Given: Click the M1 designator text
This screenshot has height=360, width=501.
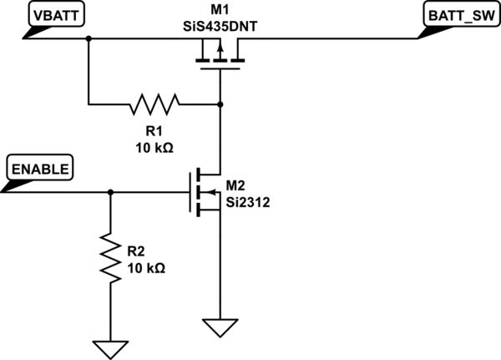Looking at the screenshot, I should point(219,9).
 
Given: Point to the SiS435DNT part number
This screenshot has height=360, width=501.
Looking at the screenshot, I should point(219,24).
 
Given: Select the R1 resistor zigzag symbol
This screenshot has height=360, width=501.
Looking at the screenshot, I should point(154,104).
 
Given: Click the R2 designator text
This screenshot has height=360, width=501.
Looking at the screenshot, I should point(136,251).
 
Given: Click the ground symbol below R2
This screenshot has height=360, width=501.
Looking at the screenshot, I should point(109,347).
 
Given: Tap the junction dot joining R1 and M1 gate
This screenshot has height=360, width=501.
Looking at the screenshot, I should point(219,104).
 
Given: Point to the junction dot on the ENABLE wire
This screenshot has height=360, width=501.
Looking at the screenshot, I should point(109,192).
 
